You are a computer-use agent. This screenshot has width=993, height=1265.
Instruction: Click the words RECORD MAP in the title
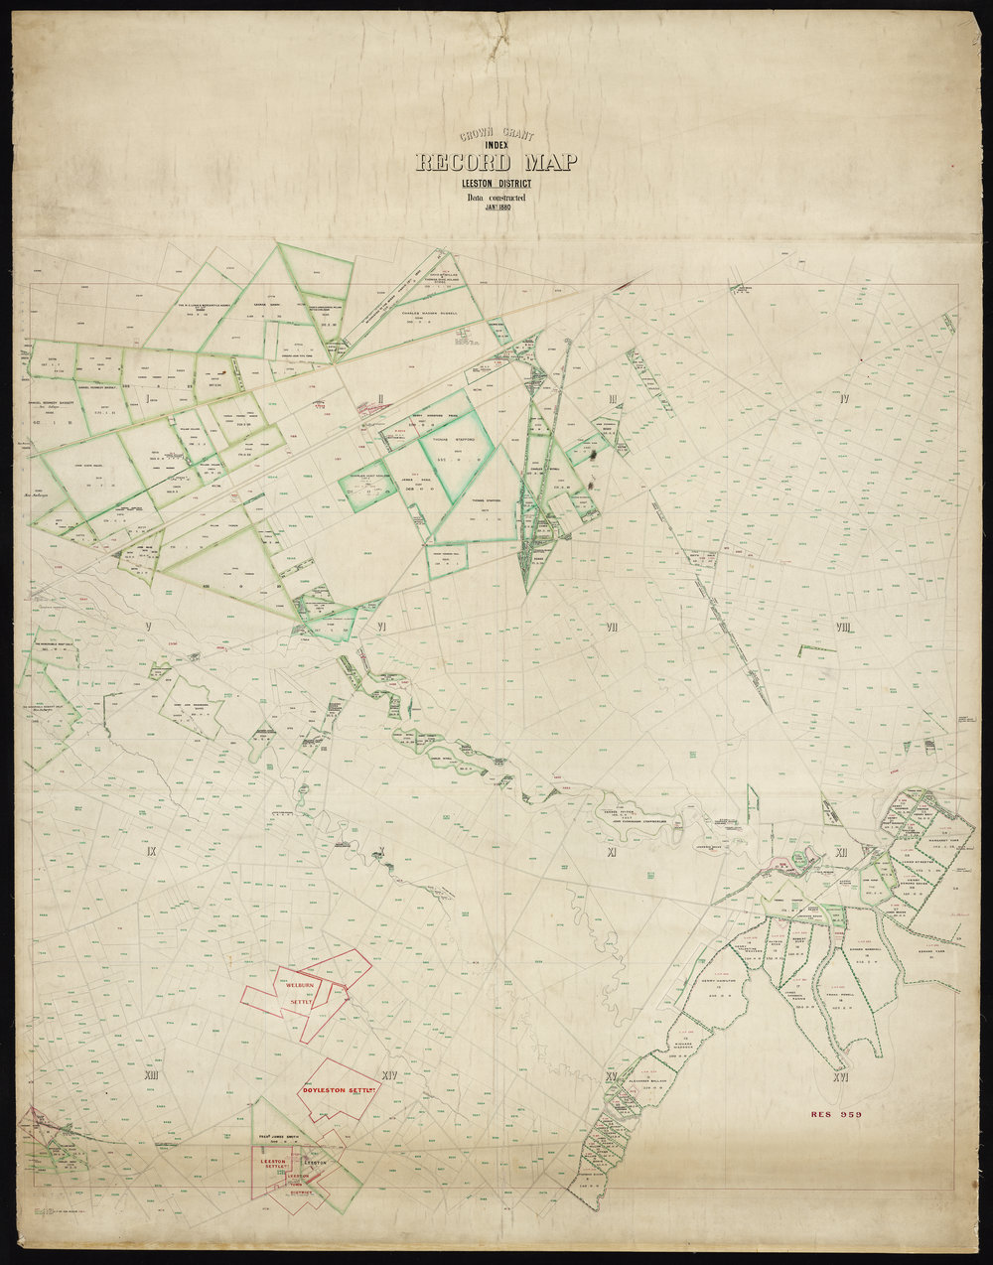coord(486,164)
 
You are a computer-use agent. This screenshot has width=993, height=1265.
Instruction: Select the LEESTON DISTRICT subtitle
coord(488,184)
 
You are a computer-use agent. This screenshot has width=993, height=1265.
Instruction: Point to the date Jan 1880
coord(488,208)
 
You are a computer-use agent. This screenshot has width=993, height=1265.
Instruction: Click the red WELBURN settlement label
coord(300,984)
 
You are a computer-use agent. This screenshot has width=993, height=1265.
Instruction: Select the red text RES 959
coord(834,1114)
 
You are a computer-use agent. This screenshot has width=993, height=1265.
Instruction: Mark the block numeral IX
coord(151,852)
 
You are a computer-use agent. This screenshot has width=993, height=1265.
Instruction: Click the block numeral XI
coord(613,852)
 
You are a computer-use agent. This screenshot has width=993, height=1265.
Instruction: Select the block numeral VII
coord(613,628)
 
